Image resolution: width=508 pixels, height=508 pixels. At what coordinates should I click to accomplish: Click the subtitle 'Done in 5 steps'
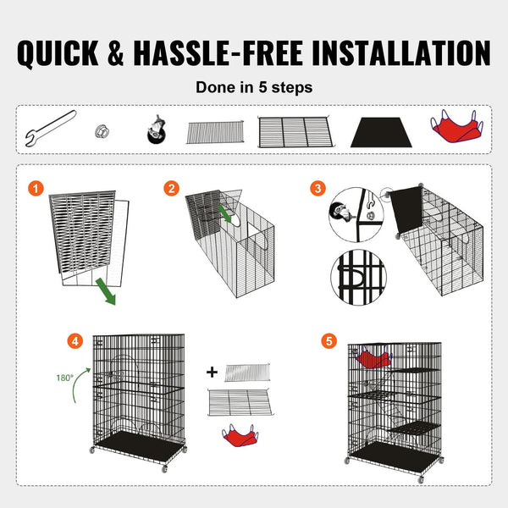[253, 86]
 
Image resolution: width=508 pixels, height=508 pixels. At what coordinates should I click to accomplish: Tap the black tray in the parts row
[378, 131]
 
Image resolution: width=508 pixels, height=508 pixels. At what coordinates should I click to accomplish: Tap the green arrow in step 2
[225, 213]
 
